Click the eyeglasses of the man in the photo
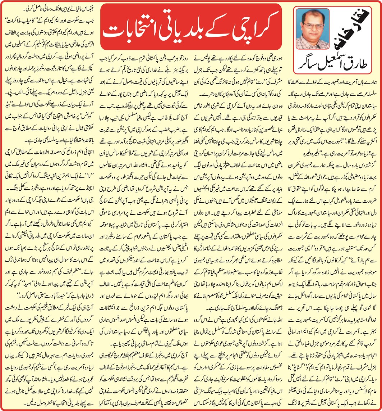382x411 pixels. coord(311,26)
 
